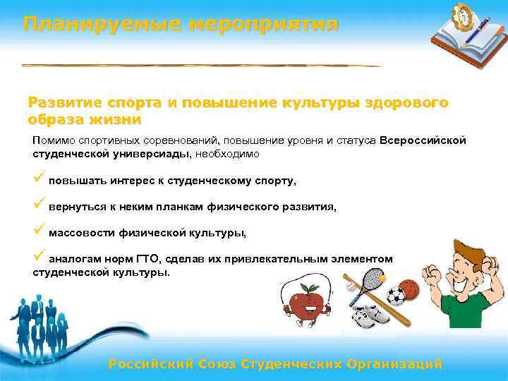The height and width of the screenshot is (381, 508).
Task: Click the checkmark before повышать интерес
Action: click(x=38, y=179)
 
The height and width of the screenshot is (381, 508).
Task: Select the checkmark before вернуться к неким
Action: click(x=38, y=205)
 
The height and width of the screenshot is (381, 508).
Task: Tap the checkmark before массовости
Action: click(x=38, y=231)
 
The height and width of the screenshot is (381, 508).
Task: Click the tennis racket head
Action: click(x=368, y=272)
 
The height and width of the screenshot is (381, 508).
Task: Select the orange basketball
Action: click(x=411, y=289)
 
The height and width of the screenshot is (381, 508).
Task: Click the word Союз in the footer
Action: click(x=212, y=364)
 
